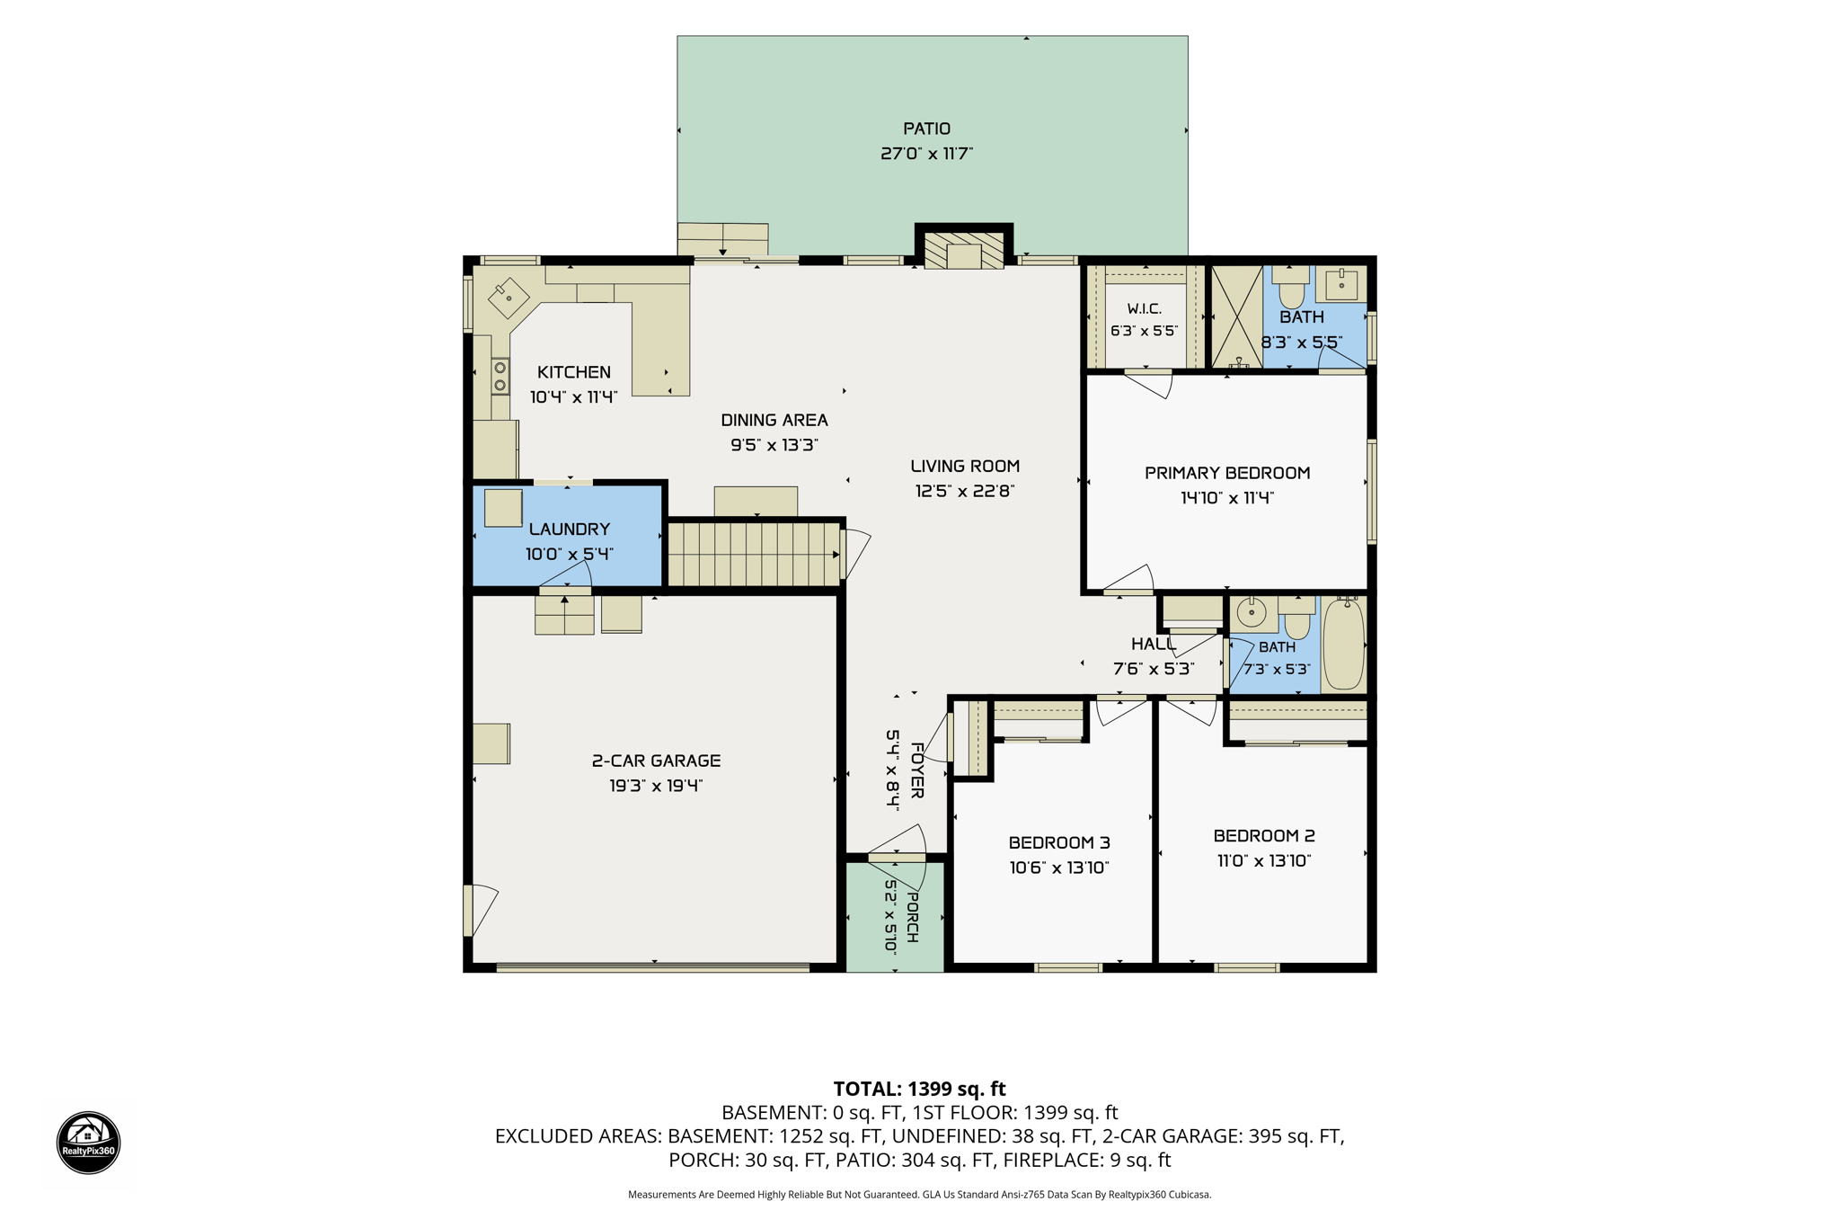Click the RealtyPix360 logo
click(x=88, y=1143)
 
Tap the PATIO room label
click(x=926, y=129)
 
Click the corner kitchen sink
click(x=508, y=296)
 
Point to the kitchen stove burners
click(x=500, y=376)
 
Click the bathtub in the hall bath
click(x=1343, y=644)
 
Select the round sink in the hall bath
click(x=1251, y=613)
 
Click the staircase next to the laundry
click(x=754, y=555)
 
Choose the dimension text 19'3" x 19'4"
click(x=656, y=786)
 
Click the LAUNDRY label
click(x=570, y=529)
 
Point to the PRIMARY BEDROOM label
click(x=1227, y=473)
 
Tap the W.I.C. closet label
click(x=1144, y=308)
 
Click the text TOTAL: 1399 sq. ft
click(x=919, y=1089)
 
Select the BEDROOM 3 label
click(x=1059, y=842)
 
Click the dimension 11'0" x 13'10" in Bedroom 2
click(x=1264, y=860)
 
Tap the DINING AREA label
click(x=774, y=420)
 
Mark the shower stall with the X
click(x=1237, y=316)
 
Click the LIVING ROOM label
click(x=965, y=466)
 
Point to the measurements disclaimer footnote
click(x=919, y=1195)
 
